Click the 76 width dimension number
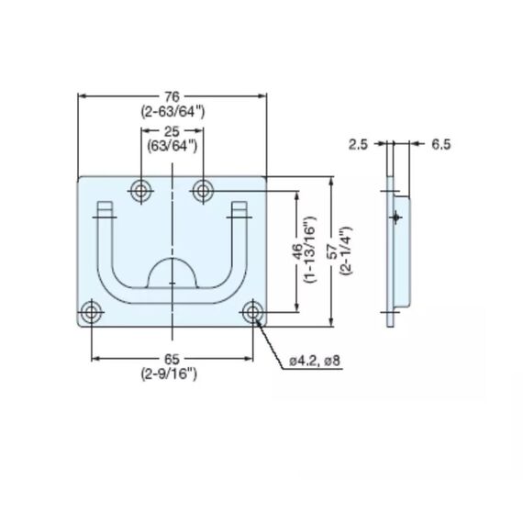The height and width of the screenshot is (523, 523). click(x=172, y=96)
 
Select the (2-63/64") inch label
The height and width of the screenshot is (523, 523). click(x=172, y=111)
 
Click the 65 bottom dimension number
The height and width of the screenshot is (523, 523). click(x=172, y=359)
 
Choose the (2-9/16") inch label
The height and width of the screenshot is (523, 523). click(x=172, y=373)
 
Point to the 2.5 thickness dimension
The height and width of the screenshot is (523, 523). click(x=359, y=144)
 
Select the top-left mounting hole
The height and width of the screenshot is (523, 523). click(x=140, y=191)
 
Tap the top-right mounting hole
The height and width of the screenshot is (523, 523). click(x=203, y=191)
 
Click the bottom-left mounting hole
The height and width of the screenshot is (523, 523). click(x=92, y=313)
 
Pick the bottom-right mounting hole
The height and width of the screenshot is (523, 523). click(x=252, y=313)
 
